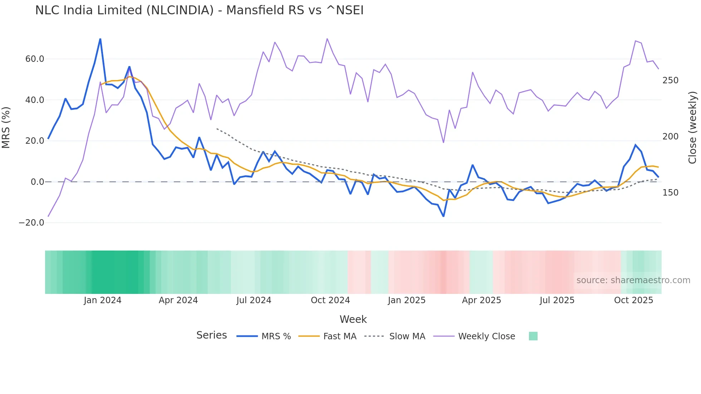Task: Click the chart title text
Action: pos(199,10)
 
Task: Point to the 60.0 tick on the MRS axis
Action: pos(35,59)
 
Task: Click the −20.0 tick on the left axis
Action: pos(31,223)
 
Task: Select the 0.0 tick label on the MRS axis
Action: pos(37,182)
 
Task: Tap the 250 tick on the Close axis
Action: pos(670,80)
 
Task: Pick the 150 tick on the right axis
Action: pos(670,193)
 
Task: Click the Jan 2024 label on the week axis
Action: pos(103,300)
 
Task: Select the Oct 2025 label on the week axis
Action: pos(633,300)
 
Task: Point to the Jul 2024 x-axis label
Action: pos(254,300)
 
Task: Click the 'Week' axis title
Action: pos(353,319)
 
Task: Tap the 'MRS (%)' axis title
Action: pos(6,127)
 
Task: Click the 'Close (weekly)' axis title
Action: pos(692,128)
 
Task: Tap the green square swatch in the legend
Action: pos(533,336)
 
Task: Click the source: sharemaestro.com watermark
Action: pos(633,280)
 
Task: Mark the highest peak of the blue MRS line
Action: pos(100,39)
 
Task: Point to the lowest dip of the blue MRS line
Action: pos(443,216)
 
